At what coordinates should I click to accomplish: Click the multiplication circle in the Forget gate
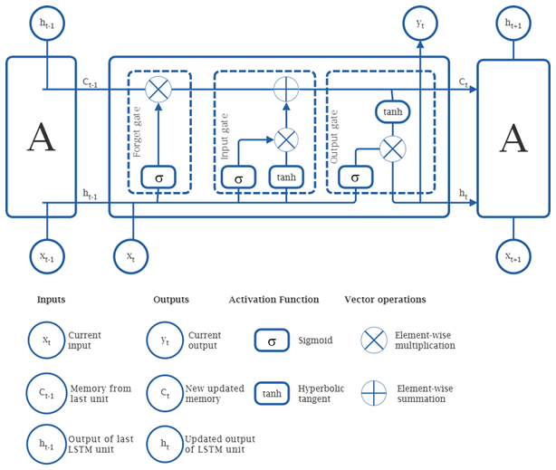(x=158, y=89)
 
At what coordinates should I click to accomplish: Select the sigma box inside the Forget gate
(x=158, y=177)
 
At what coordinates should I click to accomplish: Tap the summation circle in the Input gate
(x=286, y=89)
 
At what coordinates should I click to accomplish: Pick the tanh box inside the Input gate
(x=286, y=177)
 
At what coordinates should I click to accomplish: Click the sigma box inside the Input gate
(x=238, y=177)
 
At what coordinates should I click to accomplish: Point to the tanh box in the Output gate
(x=392, y=111)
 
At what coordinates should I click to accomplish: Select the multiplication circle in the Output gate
(x=392, y=148)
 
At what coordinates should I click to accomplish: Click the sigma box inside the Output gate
(x=355, y=177)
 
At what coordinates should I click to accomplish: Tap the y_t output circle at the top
(x=420, y=23)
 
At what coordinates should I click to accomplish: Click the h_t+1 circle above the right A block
(x=513, y=23)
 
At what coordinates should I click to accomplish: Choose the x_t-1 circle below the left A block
(x=46, y=256)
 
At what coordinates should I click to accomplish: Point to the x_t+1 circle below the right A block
(x=513, y=256)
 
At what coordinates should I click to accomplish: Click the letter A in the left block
(x=42, y=138)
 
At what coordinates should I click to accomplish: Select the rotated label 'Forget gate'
(x=138, y=132)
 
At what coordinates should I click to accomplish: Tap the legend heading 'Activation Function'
(x=273, y=300)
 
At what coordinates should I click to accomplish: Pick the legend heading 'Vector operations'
(x=385, y=300)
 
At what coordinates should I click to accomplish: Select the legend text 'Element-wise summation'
(x=425, y=393)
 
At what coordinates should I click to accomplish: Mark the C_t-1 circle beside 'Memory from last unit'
(x=46, y=393)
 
